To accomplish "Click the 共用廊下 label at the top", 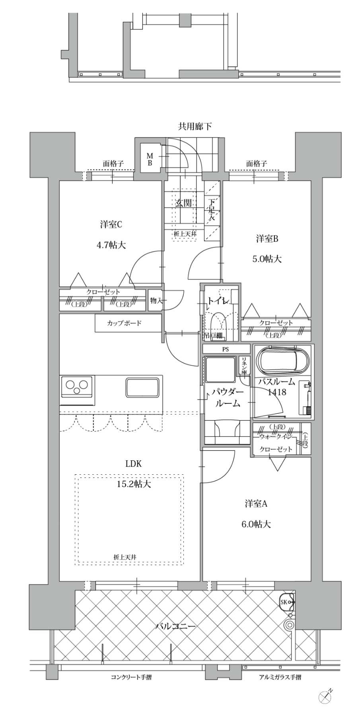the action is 195,127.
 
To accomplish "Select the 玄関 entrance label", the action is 184,203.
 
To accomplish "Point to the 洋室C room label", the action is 111,225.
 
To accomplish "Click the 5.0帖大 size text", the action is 267,259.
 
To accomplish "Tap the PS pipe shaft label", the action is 226,349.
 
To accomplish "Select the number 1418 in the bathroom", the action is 277,392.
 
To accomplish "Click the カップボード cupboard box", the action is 124,323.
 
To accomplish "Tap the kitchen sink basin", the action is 143,387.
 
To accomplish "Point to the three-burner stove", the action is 78,386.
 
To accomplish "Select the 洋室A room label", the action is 256,504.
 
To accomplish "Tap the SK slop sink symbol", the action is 287,602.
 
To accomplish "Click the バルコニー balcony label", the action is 175,626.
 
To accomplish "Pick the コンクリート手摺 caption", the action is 131,677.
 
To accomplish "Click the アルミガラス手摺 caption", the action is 280,677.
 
